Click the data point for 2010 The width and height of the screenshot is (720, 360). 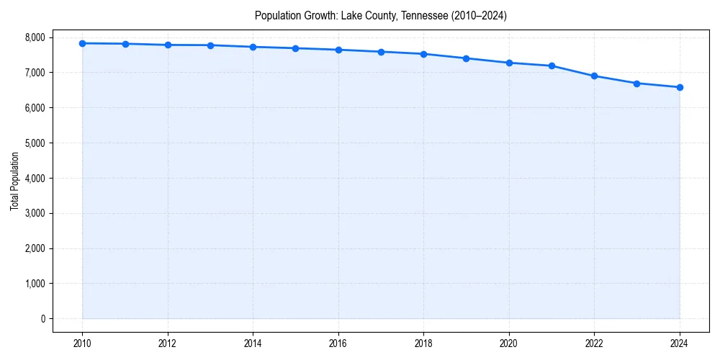click(x=83, y=43)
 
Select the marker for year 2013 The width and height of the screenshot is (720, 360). click(x=210, y=45)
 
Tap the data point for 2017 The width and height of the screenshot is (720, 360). click(x=381, y=52)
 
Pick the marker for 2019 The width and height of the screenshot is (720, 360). click(x=467, y=58)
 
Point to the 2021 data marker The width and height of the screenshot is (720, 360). click(x=552, y=66)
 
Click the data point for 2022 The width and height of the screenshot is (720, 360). click(x=595, y=76)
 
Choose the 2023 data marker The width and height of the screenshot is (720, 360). click(x=637, y=84)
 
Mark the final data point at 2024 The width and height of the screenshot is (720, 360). click(x=680, y=87)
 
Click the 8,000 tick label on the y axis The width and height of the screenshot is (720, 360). click(x=33, y=37)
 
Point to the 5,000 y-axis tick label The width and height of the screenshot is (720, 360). click(x=33, y=143)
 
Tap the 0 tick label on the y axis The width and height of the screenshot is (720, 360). click(x=42, y=319)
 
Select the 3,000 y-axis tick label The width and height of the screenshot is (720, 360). click(x=33, y=213)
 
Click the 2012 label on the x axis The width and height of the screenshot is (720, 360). click(x=168, y=343)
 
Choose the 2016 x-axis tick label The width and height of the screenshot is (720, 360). click(x=338, y=343)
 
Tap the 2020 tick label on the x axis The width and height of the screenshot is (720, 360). click(x=509, y=343)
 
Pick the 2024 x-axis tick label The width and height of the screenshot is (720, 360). click(x=680, y=343)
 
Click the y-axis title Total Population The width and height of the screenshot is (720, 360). click(x=14, y=181)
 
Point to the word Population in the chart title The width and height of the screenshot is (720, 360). click(x=276, y=16)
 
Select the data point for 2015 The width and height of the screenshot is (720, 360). click(x=296, y=48)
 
